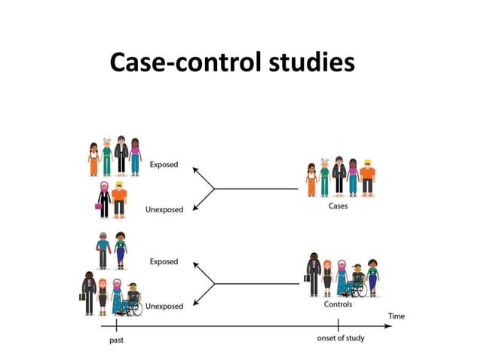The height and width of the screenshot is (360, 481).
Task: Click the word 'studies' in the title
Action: click(x=311, y=63)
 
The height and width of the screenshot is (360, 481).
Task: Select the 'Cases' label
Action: click(x=338, y=206)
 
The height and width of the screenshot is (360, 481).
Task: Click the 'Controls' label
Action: click(x=338, y=304)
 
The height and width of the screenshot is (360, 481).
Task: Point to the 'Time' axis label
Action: click(x=396, y=316)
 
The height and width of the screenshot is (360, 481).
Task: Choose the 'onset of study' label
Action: click(x=340, y=338)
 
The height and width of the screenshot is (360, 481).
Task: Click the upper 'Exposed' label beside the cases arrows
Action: click(x=164, y=164)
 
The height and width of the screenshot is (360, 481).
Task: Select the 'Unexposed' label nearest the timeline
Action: click(x=164, y=307)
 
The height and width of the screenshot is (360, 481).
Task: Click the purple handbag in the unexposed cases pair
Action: click(x=98, y=204)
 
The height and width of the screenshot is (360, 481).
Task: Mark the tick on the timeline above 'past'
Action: click(x=117, y=325)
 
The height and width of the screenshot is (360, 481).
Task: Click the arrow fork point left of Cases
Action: click(x=214, y=188)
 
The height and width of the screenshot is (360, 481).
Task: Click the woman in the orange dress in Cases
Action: click(x=311, y=182)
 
